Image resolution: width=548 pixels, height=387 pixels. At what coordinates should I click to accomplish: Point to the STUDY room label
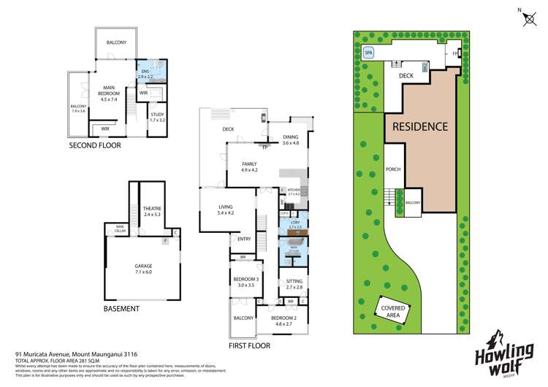(157, 116)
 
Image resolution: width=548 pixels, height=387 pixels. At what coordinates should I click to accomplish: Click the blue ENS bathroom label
(145, 73)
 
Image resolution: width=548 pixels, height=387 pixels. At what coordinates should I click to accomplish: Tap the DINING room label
(292, 140)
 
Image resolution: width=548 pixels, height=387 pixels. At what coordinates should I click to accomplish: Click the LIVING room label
(226, 210)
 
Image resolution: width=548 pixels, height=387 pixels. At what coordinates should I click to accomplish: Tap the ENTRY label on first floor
(243, 238)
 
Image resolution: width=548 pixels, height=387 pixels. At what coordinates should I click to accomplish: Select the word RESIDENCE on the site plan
(420, 126)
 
